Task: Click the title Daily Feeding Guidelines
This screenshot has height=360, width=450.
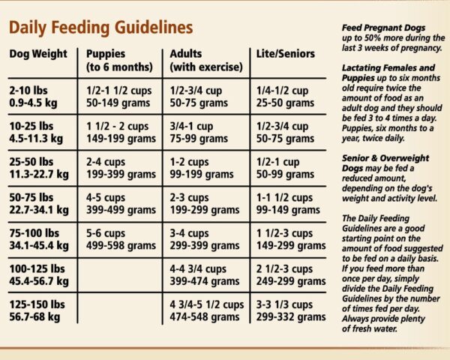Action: coord(100,28)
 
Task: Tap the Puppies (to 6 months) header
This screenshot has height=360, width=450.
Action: coord(115,60)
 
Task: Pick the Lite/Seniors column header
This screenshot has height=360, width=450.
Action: coord(283,54)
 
